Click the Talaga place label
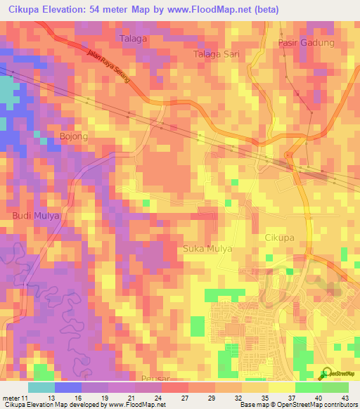click(134, 39)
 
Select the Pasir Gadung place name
click(306, 43)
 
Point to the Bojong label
click(74, 136)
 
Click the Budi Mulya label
click(34, 216)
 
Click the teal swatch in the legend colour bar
click(41, 387)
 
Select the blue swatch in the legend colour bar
click(67, 387)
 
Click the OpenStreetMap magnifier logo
click(326, 373)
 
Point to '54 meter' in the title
click(108, 10)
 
